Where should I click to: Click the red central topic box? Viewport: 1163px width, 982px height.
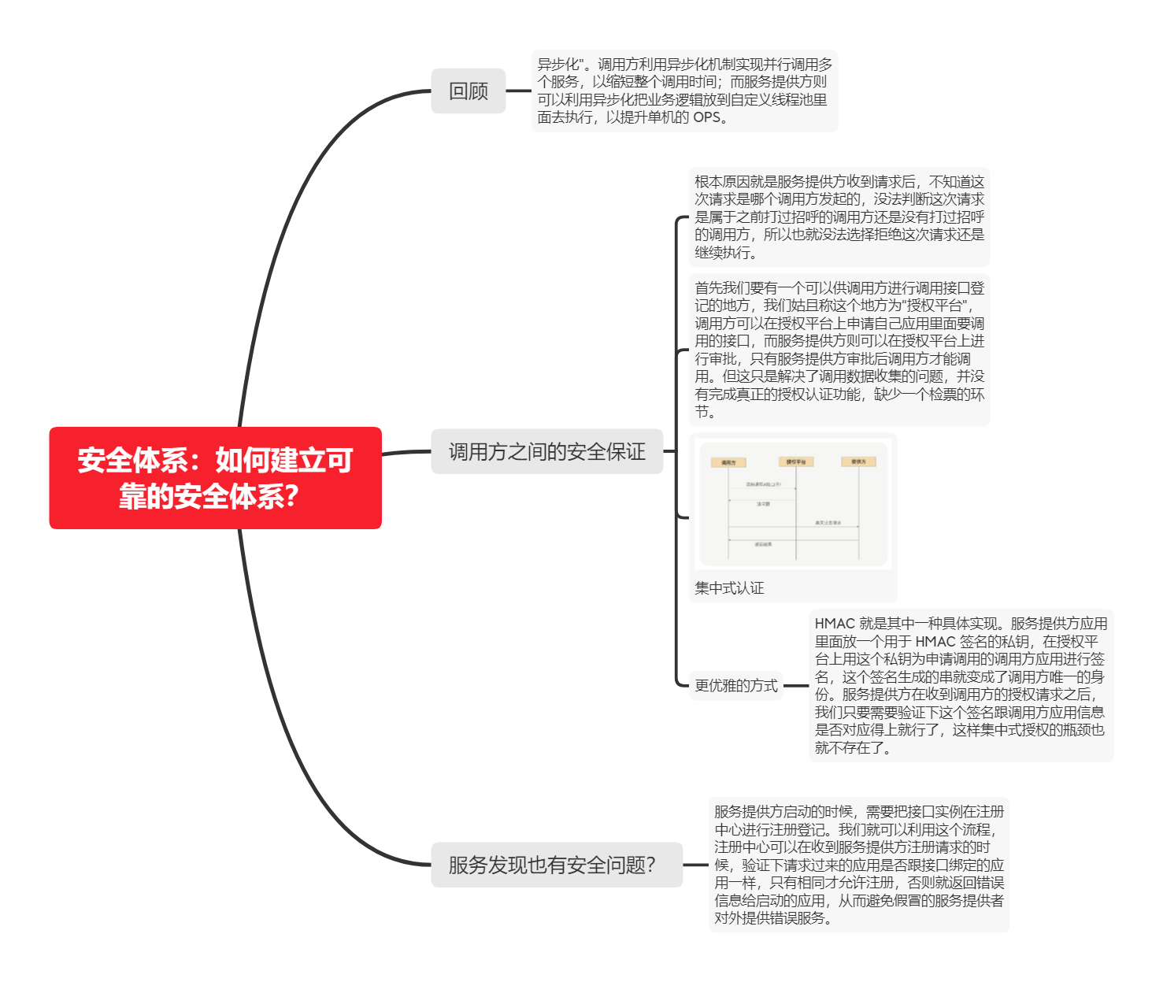tap(215, 477)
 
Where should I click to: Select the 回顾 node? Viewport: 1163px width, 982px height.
tap(468, 91)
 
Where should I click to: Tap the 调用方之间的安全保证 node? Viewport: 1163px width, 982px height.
tap(546, 451)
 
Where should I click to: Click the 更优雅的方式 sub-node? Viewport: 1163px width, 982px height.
tap(735, 685)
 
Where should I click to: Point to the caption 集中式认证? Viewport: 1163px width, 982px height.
tap(729, 587)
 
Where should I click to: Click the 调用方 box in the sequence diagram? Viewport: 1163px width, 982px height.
tap(728, 462)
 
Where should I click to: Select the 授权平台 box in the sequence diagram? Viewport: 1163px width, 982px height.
tap(795, 461)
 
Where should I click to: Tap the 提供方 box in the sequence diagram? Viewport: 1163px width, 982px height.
tap(858, 461)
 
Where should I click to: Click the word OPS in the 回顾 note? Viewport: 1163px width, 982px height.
tap(706, 117)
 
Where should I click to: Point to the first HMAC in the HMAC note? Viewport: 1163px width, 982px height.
tap(835, 624)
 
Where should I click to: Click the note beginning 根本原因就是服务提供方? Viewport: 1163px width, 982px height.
tap(839, 217)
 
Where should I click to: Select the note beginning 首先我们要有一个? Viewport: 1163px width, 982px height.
tap(839, 350)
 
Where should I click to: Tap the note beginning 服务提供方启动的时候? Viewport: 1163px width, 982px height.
tap(858, 864)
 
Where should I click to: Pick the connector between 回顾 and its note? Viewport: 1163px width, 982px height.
tap(518, 91)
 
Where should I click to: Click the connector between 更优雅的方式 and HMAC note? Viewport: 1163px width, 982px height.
tap(796, 685)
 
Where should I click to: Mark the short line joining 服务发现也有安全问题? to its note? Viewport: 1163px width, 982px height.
tap(695, 865)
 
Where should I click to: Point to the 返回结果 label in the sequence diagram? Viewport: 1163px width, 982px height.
tap(763, 544)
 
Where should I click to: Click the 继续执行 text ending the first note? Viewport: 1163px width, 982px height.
tap(722, 252)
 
